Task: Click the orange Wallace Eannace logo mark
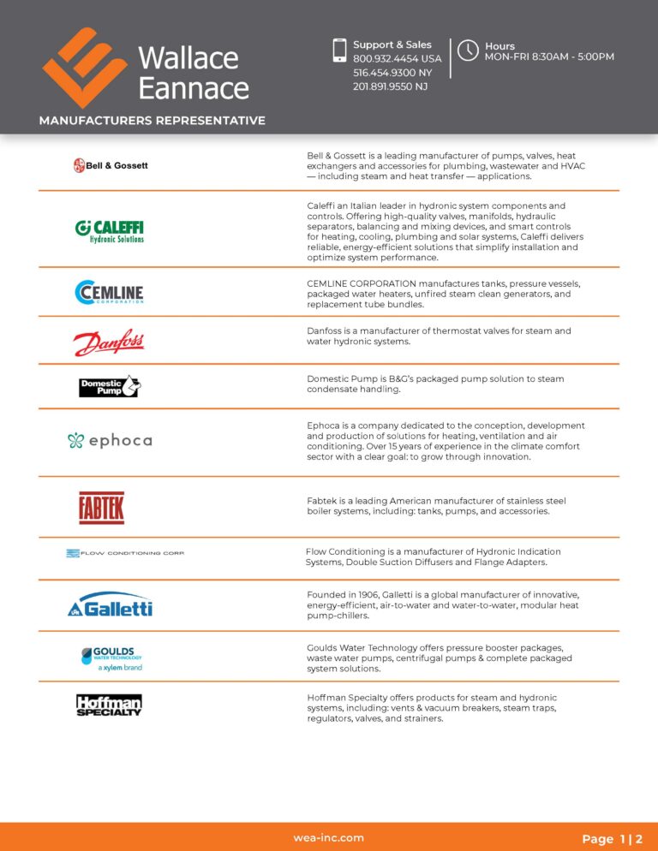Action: click(85, 67)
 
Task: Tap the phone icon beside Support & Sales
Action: click(339, 50)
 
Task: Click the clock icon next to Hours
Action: click(468, 50)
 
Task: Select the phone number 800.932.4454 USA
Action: click(397, 59)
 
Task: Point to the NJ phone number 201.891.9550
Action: click(390, 86)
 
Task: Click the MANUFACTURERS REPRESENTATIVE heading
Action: click(153, 121)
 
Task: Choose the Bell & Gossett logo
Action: click(111, 165)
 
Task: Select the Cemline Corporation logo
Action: click(109, 293)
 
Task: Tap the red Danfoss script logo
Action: click(109, 343)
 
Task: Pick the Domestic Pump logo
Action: click(109, 387)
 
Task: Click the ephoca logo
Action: click(110, 441)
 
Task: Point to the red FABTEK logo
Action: click(101, 508)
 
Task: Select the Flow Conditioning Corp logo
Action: click(125, 553)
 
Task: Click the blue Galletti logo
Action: click(110, 605)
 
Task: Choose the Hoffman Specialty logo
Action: click(109, 705)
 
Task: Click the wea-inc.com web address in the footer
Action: click(329, 838)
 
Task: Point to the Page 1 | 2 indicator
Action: click(612, 839)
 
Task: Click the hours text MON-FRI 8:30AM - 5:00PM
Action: click(549, 57)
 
